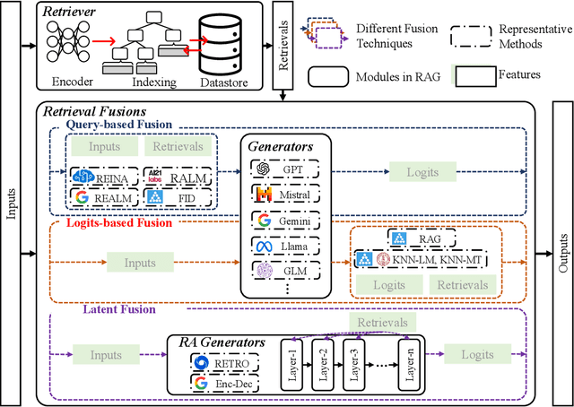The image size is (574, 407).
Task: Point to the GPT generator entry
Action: (284, 168)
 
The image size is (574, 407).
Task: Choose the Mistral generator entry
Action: (284, 194)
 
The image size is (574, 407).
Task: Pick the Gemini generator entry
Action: (284, 219)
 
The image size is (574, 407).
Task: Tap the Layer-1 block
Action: (295, 362)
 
